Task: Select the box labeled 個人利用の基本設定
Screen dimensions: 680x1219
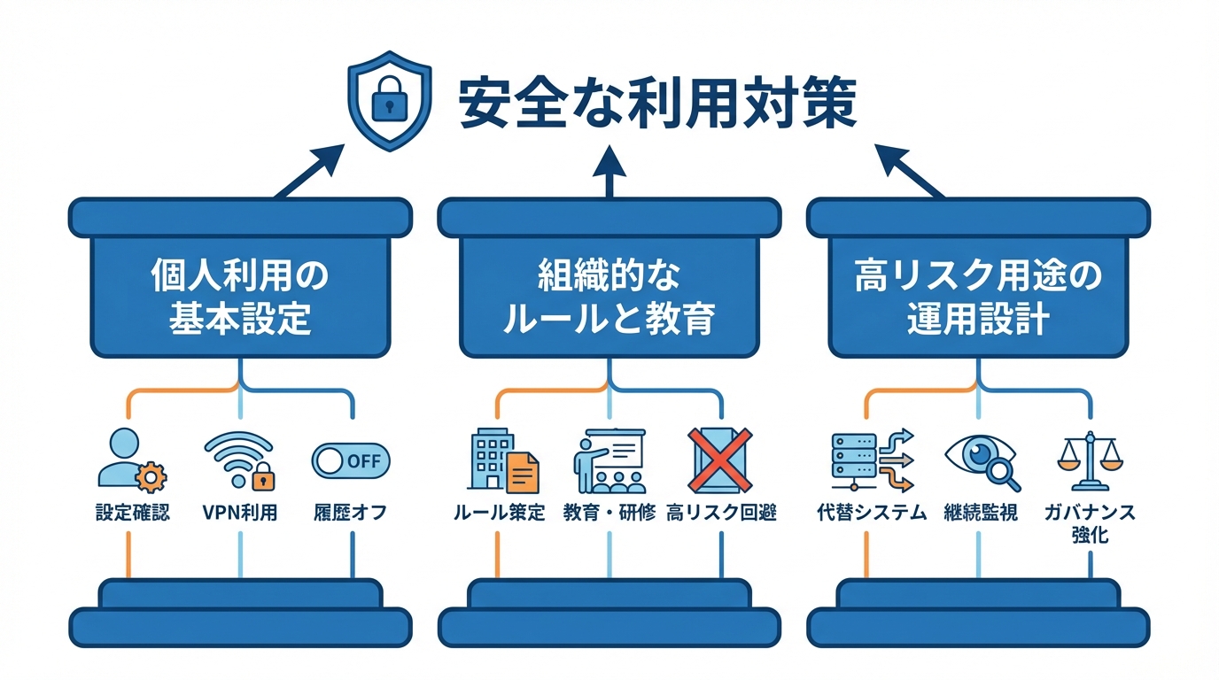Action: [240, 297]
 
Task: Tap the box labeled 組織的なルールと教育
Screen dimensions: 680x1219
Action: [609, 297]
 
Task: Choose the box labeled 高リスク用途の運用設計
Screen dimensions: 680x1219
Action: [978, 297]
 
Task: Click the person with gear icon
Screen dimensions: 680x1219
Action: [130, 460]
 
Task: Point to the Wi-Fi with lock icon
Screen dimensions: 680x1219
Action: [239, 460]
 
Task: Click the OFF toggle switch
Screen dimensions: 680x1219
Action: [351, 460]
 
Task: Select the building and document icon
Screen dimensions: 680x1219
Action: [502, 460]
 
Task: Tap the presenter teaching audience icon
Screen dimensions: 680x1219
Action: [608, 460]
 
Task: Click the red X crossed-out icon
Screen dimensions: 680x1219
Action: [720, 460]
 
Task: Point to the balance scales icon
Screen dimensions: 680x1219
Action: [1090, 460]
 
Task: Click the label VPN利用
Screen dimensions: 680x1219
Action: [239, 513]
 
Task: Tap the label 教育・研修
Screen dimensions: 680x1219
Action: [609, 513]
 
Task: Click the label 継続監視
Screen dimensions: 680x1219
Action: [981, 513]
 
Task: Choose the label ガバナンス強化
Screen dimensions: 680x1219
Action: [1090, 523]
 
